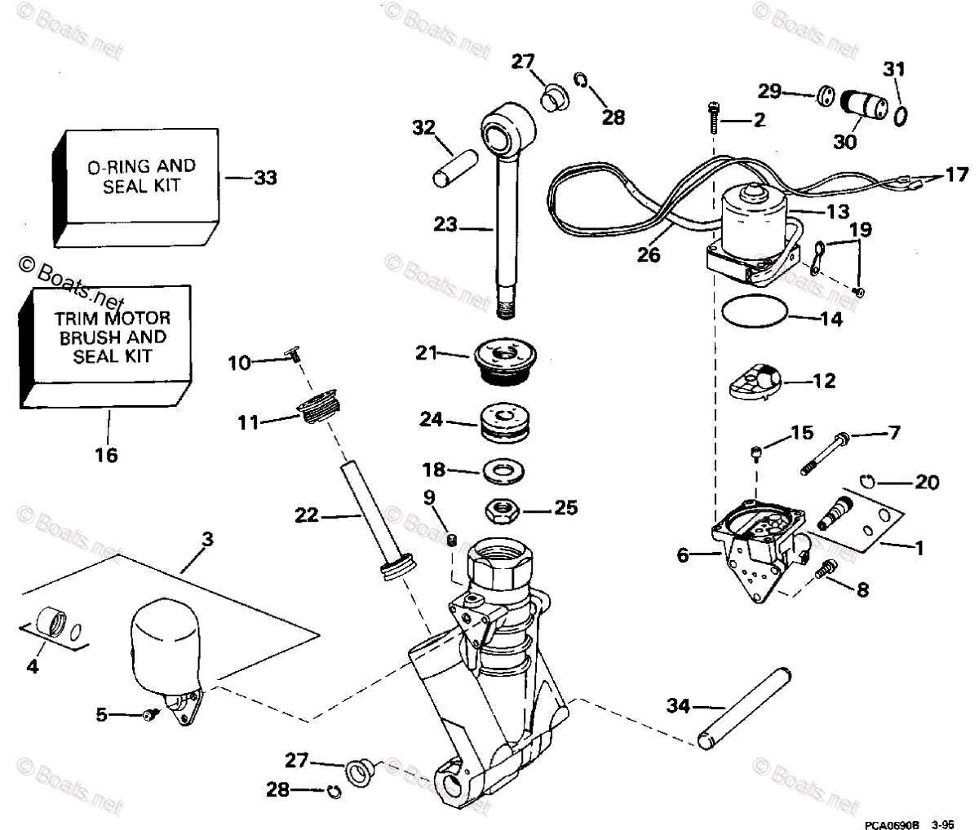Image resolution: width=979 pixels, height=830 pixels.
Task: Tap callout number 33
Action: (x=264, y=177)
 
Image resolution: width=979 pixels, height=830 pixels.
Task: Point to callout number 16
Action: (x=107, y=454)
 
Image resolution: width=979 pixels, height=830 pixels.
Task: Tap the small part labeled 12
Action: (x=759, y=381)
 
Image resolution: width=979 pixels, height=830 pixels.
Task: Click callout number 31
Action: (x=895, y=70)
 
